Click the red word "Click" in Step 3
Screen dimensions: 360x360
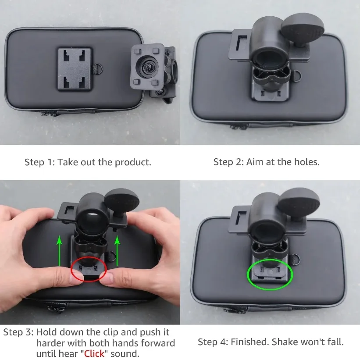pos(94,353)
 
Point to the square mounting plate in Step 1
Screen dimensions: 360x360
pos(75,69)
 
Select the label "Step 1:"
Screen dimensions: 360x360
pos(39,162)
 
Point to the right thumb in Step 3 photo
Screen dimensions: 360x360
pos(107,277)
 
